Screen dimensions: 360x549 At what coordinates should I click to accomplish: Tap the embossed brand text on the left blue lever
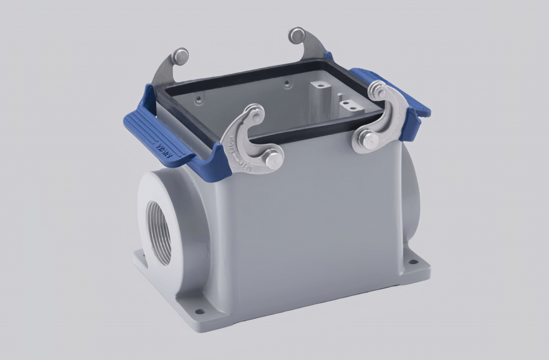pos(164,149)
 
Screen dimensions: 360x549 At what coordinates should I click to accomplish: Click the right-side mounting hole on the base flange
pos(412,262)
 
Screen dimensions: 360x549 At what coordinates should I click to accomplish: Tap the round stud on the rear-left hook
pos(181,55)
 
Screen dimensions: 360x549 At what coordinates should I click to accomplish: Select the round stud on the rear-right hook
pos(296,35)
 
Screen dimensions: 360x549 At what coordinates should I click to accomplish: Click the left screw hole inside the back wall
pos(199,99)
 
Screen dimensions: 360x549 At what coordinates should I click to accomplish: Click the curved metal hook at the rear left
pos(166,72)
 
